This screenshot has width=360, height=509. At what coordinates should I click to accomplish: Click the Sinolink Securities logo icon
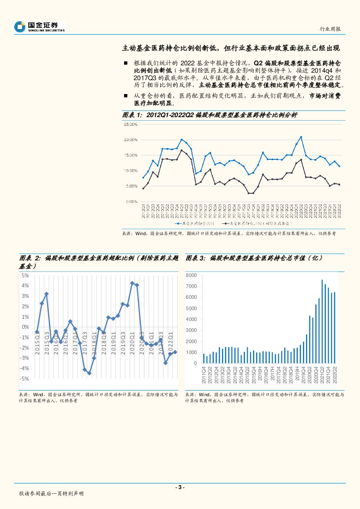coord(20,27)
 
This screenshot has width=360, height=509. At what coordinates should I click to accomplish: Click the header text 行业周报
coord(330,29)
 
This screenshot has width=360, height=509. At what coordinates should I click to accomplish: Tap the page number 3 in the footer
coord(180,487)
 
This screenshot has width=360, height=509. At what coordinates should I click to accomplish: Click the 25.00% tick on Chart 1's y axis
coord(131,125)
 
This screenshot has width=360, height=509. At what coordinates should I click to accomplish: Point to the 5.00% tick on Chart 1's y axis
coord(132,186)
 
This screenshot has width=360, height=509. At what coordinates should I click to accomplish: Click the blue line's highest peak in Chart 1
coord(301,137)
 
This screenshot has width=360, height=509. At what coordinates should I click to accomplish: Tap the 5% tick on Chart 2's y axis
coord(26,276)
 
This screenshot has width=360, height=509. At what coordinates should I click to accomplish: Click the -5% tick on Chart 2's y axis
coord(24,379)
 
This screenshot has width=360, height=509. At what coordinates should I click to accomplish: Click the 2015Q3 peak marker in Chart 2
coord(47,294)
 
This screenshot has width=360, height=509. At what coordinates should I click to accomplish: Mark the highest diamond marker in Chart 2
coord(132,283)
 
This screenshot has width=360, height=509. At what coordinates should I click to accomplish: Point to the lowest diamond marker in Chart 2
coord(89,373)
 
